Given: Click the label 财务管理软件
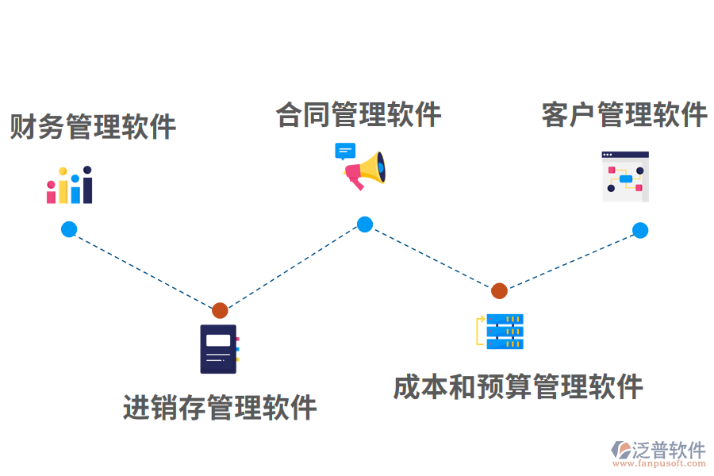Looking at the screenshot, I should click(93, 127).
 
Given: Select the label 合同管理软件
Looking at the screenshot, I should click(359, 115).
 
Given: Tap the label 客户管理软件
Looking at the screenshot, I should click(624, 115).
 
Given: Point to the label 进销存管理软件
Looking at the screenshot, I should click(220, 408).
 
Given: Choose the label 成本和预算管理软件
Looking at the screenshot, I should click(518, 387).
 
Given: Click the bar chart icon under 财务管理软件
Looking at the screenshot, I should click(70, 186).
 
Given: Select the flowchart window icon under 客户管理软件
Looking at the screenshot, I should click(625, 176).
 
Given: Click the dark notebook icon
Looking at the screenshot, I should click(218, 349).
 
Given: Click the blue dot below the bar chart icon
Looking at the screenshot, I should click(69, 229).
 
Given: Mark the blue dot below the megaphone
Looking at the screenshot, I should click(364, 225).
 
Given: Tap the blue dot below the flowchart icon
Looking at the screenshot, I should click(640, 230).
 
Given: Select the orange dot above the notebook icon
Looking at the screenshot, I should click(220, 310).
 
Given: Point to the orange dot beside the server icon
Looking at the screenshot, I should click(499, 290).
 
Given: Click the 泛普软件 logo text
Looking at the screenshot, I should click(668, 450).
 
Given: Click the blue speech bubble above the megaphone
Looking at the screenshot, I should click(345, 151).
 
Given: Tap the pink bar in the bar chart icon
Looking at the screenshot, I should click(52, 193).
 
